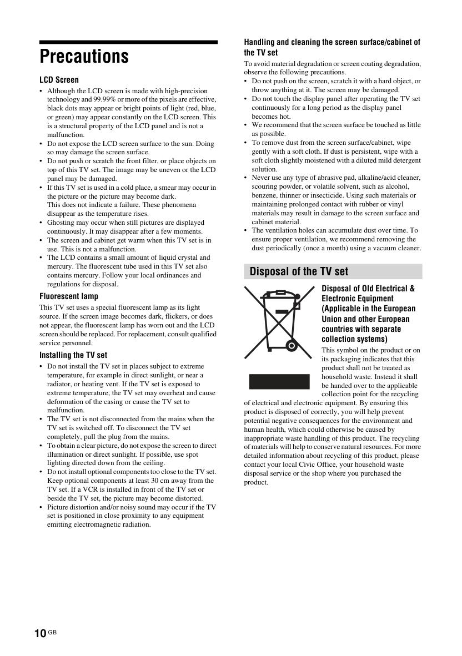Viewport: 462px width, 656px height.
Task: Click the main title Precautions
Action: (x=84, y=57)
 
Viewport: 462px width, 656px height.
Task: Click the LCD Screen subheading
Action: (x=59, y=80)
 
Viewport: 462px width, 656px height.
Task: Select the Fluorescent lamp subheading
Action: (x=69, y=296)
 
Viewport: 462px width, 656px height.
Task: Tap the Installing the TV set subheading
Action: (x=73, y=355)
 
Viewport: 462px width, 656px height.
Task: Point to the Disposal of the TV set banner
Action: (x=333, y=271)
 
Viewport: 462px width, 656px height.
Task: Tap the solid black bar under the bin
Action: (x=279, y=382)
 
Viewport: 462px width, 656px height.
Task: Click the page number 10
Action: (x=40, y=634)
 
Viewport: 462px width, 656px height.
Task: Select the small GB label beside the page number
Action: (x=53, y=632)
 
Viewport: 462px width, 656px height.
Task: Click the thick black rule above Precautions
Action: (x=128, y=42)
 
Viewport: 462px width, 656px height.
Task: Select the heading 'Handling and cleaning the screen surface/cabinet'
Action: (x=332, y=42)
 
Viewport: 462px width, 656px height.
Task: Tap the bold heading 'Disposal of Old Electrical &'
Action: (x=368, y=289)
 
